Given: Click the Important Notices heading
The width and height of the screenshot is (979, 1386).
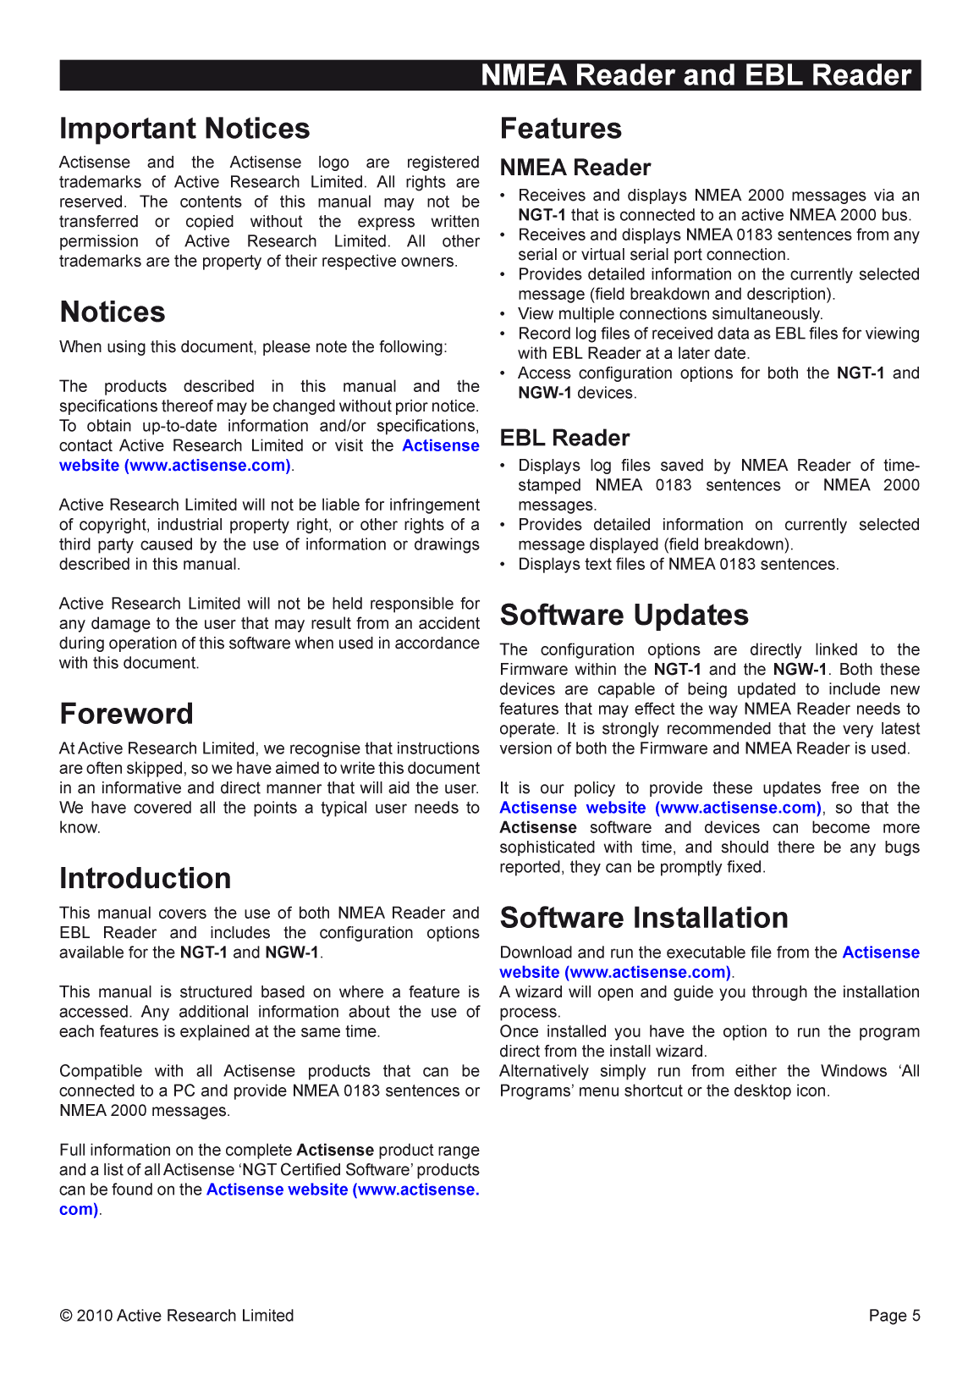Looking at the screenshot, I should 184,129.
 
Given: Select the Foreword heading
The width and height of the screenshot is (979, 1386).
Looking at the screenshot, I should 126,714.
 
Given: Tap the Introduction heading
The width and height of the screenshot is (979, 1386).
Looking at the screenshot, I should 145,878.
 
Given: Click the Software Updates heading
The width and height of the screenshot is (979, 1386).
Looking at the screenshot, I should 624,615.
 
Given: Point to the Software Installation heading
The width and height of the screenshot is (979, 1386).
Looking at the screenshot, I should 643,918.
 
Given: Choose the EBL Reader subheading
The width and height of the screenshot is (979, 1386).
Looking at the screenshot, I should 564,438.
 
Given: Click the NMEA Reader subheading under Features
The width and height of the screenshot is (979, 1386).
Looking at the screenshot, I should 575,168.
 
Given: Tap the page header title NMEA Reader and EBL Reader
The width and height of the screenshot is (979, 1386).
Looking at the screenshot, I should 696,75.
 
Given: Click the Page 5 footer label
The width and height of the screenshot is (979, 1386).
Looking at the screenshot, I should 894,1316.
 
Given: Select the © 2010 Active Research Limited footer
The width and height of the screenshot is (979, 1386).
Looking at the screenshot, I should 177,1316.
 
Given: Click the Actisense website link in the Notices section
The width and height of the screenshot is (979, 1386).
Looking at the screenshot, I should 175,466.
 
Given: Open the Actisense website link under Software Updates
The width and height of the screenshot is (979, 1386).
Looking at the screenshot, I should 660,808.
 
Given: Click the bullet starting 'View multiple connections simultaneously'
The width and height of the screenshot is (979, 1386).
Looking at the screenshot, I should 669,314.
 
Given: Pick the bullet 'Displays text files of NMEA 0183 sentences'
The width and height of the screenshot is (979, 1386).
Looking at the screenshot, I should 678,565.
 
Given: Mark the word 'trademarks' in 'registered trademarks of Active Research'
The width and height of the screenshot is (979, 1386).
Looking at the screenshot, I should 98,182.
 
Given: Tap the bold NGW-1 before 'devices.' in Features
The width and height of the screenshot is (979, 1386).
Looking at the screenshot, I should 544,393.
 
